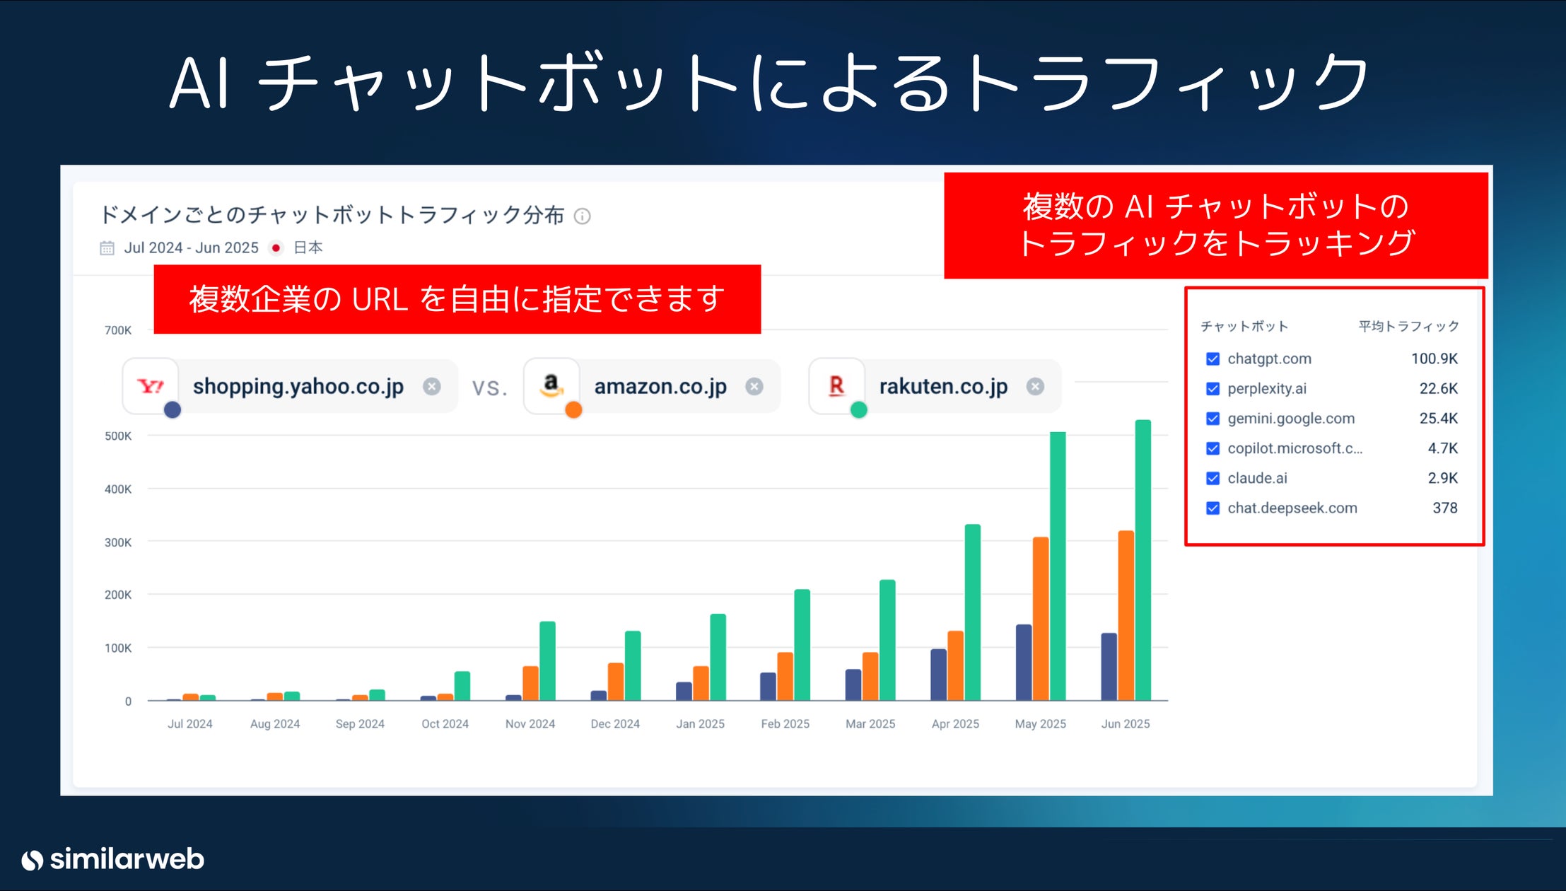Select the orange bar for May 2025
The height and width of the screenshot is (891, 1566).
click(1040, 619)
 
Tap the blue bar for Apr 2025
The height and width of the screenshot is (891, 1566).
click(938, 675)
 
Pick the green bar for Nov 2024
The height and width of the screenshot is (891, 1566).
click(547, 661)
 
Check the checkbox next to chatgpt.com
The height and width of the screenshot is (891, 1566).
click(1213, 359)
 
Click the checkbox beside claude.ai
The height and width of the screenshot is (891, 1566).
click(1213, 478)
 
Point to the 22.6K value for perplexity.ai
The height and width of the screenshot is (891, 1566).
click(1438, 388)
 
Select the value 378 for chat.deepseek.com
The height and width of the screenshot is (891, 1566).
click(1444, 508)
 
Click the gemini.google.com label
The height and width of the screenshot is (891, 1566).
click(1290, 418)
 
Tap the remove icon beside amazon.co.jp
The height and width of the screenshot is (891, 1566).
click(754, 386)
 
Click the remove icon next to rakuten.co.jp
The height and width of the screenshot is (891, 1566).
click(1035, 386)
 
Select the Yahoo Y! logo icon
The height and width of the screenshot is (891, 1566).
click(150, 385)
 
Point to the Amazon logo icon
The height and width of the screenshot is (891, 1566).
click(551, 385)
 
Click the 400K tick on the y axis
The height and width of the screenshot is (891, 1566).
click(118, 489)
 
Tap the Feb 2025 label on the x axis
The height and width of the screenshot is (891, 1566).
click(785, 723)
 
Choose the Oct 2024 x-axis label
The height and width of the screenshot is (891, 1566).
click(445, 723)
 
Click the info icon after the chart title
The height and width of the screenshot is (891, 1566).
click(582, 216)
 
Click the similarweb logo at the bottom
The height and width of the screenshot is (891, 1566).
click(113, 859)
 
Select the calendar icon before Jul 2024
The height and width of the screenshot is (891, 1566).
click(107, 248)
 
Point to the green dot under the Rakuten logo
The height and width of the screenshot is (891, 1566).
click(858, 409)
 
